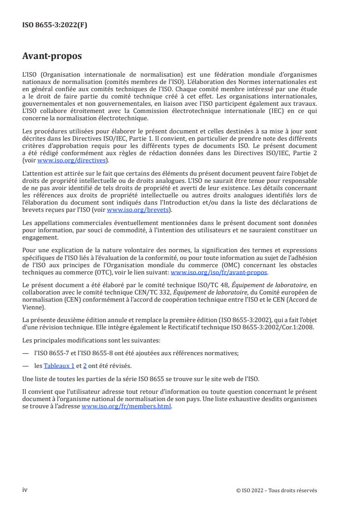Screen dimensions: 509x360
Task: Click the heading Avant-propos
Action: coord(52,56)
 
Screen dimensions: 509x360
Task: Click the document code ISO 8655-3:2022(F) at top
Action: coord(54,25)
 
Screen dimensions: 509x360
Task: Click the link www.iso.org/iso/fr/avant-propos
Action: coord(219,272)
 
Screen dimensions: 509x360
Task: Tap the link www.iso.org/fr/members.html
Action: coord(126,406)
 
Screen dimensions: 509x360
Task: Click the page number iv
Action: coord(25,490)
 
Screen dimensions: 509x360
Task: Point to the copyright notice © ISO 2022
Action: coord(276,490)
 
